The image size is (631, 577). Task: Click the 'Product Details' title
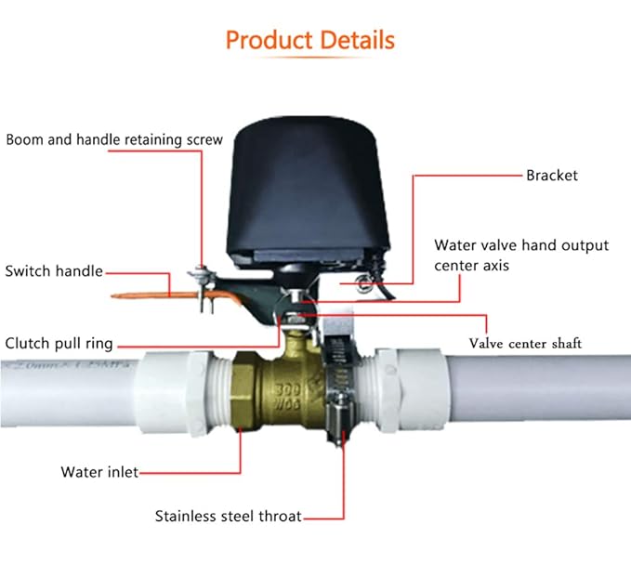(310, 41)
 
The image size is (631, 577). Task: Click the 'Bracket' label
(553, 175)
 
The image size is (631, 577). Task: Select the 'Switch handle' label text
(54, 271)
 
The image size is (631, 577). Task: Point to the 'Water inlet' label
(99, 472)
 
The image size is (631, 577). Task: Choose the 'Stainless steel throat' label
(228, 515)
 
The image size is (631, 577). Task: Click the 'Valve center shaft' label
(525, 343)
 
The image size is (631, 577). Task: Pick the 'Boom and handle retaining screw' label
(114, 139)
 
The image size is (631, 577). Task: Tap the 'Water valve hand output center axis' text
(521, 256)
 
